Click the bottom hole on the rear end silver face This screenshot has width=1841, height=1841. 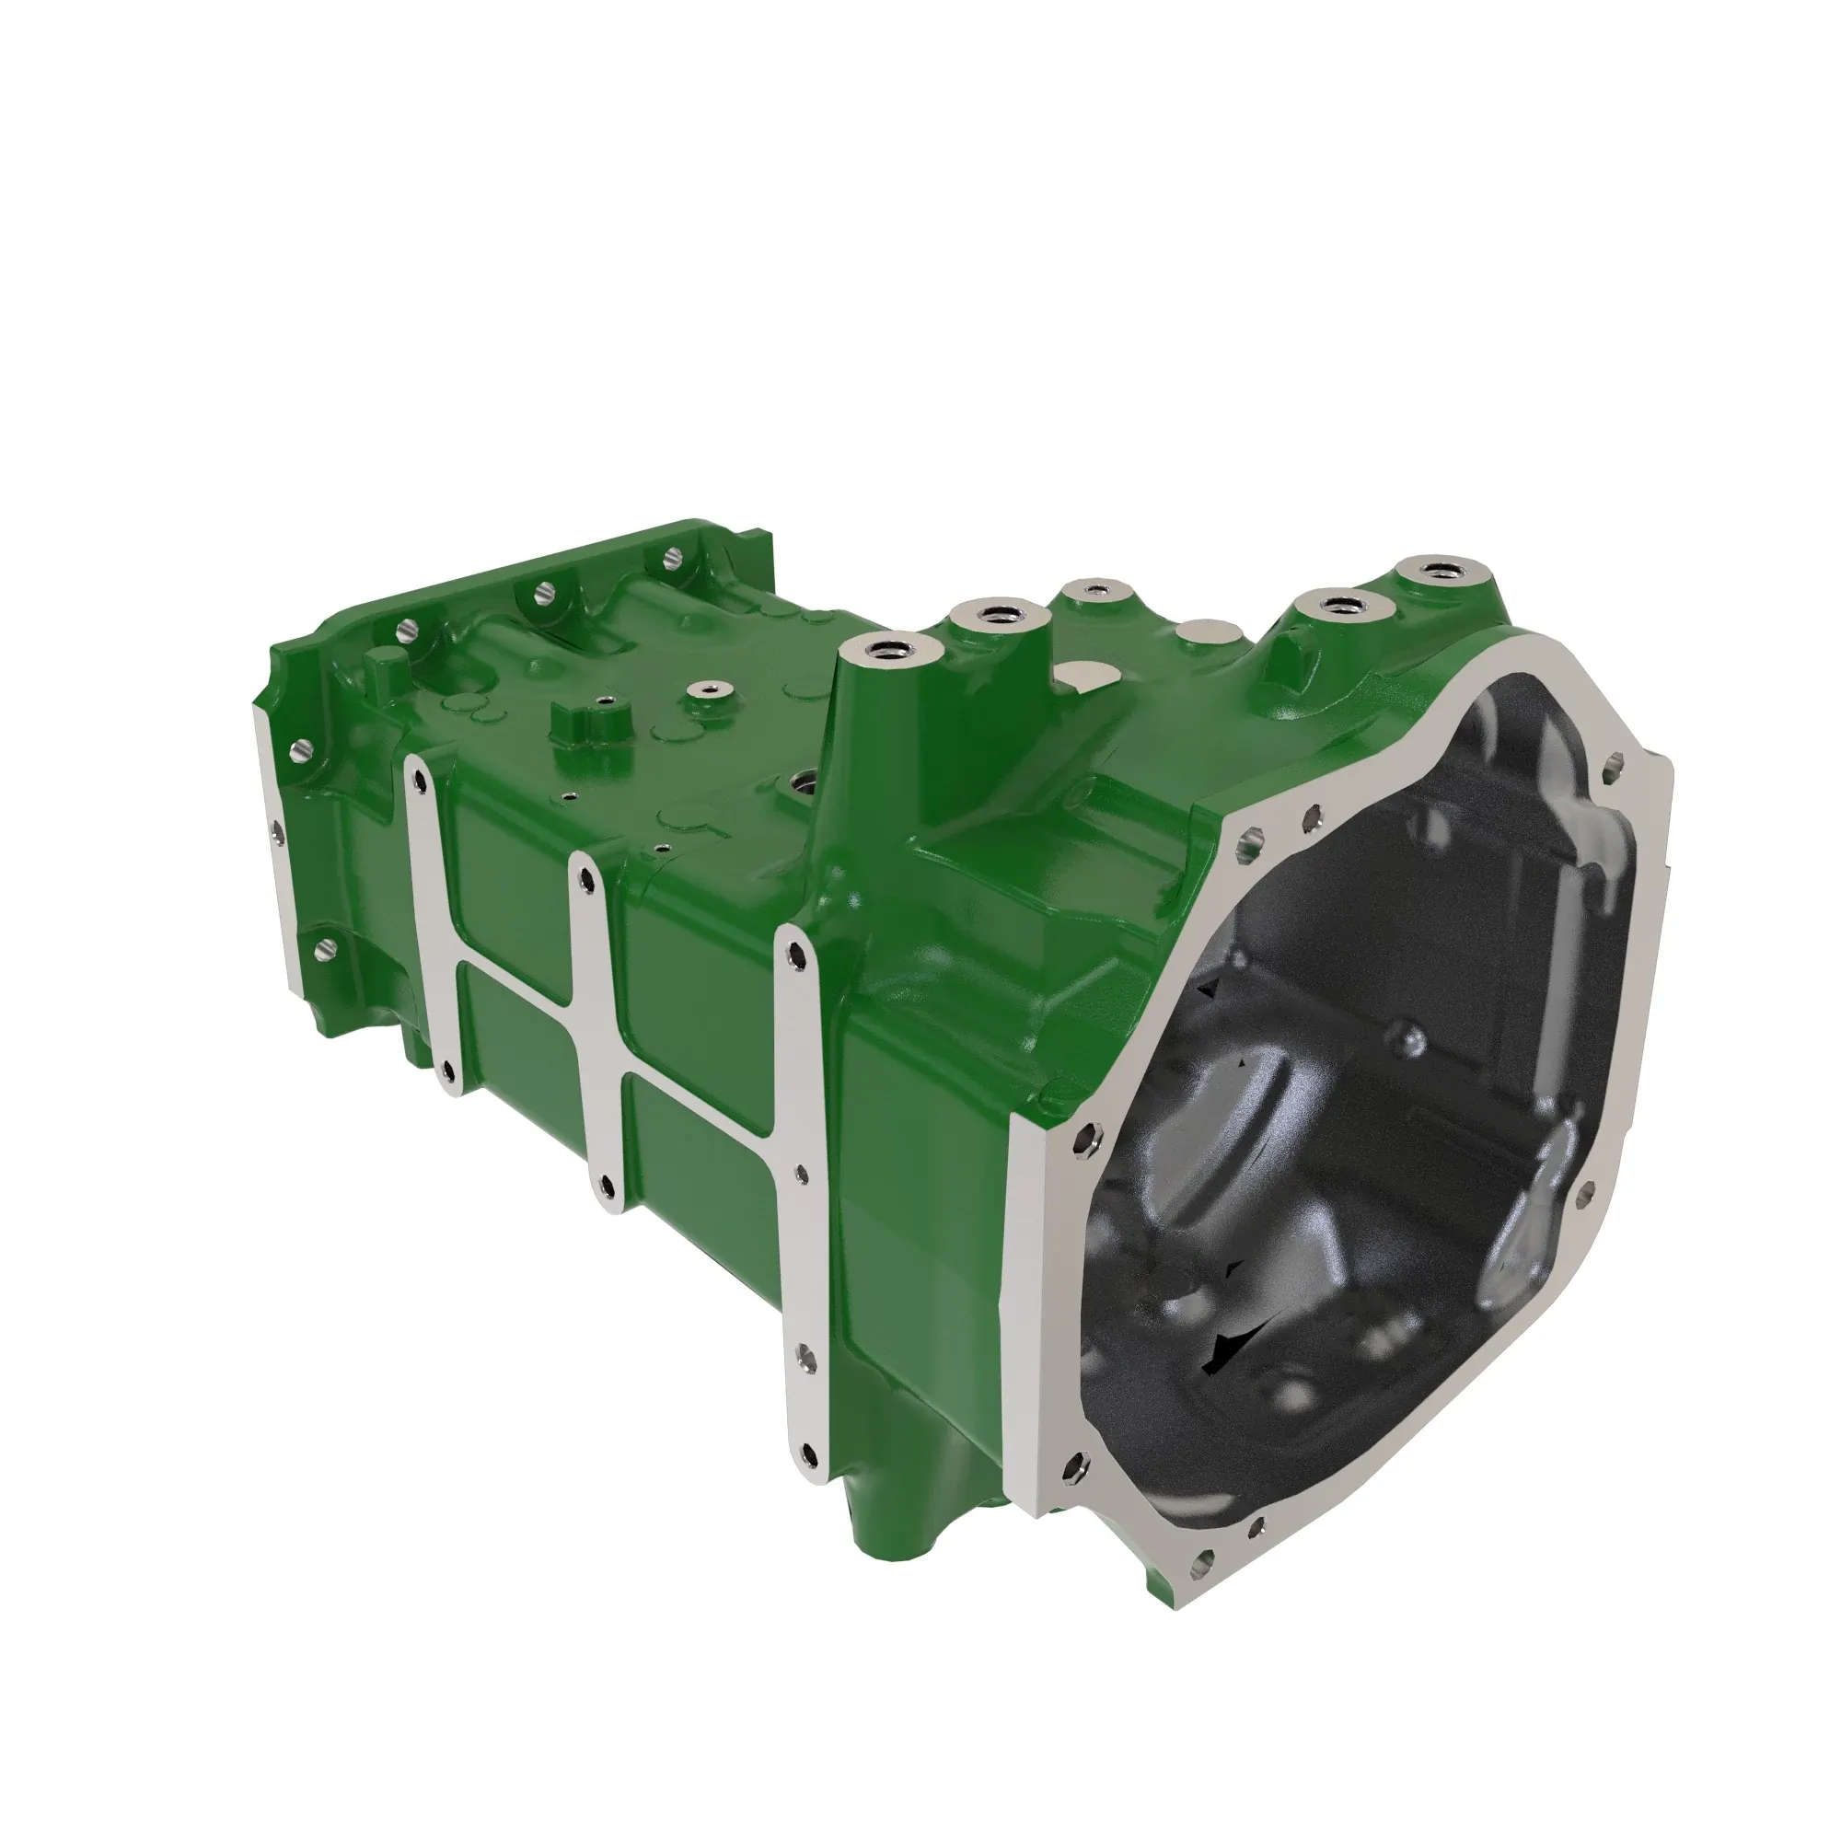tap(324, 947)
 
